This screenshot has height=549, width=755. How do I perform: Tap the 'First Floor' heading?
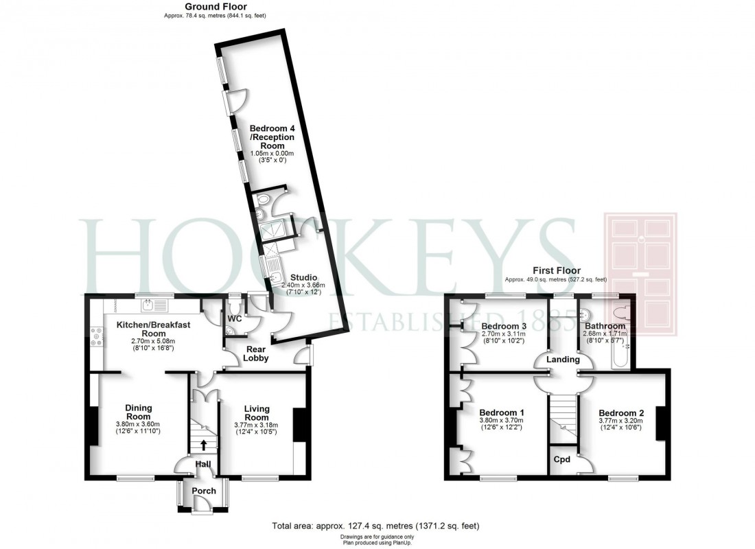point(556,270)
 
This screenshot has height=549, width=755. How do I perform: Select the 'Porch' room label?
point(203,491)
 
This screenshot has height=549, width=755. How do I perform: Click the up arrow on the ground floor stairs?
point(203,444)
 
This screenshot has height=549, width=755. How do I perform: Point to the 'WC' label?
point(235,318)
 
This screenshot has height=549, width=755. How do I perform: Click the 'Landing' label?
point(563,359)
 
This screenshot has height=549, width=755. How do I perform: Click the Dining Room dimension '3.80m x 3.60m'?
point(138,425)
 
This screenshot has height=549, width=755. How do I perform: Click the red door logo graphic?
point(640,274)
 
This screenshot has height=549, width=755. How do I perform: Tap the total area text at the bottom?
point(375,526)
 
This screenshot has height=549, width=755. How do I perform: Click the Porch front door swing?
point(201,505)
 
